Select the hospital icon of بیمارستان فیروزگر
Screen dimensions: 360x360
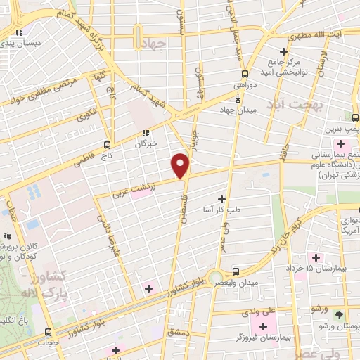[264, 326]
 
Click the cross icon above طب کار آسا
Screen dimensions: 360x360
[223, 200]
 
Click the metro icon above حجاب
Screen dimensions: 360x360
[47, 333]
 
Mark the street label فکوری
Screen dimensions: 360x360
[89, 112]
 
